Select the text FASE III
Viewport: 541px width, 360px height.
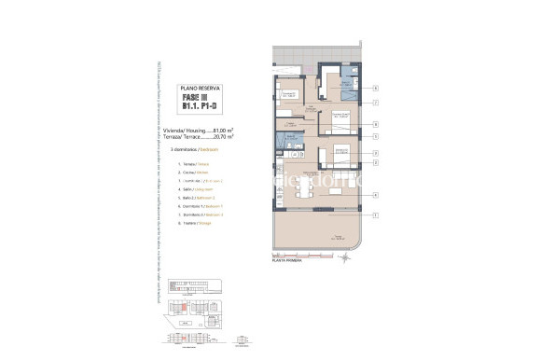click(194, 96)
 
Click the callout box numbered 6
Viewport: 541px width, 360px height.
click(374, 90)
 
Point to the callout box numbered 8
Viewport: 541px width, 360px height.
click(374, 123)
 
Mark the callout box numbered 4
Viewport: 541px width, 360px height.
click(374, 195)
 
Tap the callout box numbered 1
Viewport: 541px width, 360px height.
click(374, 216)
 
